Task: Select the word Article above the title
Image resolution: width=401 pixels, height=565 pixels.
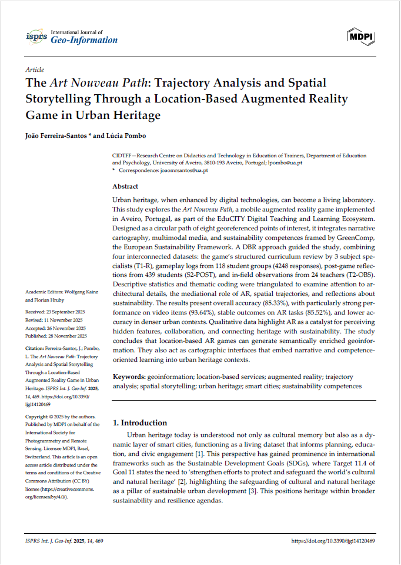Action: click(35, 70)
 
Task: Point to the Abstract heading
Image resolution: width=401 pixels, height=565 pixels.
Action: click(125, 186)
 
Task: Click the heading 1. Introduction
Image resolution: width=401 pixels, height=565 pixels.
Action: click(139, 422)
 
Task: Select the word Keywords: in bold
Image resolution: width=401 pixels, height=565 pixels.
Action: click(129, 375)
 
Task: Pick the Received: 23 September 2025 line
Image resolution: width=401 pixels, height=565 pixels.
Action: click(56, 312)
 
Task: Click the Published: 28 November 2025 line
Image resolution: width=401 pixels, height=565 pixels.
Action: click(56, 336)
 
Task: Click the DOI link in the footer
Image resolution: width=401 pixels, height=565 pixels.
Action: click(333, 540)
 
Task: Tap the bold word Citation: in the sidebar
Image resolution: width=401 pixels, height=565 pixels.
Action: click(36, 349)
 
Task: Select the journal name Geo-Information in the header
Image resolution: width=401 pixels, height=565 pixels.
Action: click(85, 40)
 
